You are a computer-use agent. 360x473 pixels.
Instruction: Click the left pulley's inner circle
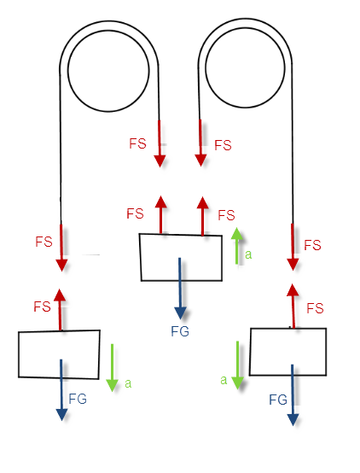coord(68,71)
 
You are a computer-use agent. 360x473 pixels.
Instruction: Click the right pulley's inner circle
coord(206,67)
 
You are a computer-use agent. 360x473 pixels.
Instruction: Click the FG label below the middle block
coord(180,331)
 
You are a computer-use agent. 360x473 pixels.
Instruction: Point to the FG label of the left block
coord(78,399)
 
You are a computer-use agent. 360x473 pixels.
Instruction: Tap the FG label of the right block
coord(278,400)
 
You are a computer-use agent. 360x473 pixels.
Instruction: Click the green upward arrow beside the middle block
coord(237,246)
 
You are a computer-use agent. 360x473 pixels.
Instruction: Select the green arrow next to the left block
coord(112,368)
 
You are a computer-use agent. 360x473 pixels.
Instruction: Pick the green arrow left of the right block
coord(238,365)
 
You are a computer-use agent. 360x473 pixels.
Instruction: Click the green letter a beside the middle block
coord(248,254)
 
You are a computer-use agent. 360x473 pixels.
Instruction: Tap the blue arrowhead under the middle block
coord(180,313)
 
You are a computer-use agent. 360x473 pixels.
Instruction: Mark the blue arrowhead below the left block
coord(61,415)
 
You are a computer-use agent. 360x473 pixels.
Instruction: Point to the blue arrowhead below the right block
coord(293,420)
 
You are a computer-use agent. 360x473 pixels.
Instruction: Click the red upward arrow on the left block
coord(60,310)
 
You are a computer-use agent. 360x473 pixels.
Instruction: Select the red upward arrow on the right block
coord(293,306)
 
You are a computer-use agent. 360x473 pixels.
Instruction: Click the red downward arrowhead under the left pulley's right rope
coord(160,161)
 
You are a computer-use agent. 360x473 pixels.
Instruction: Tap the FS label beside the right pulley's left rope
coord(223,145)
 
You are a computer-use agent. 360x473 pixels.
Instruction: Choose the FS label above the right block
coord(315,308)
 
